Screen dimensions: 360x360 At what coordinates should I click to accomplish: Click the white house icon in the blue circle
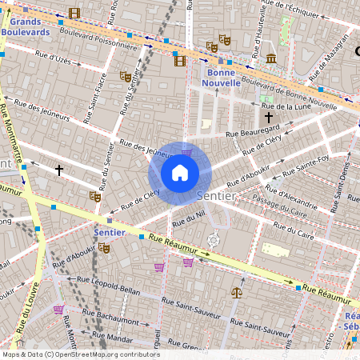[x=180, y=172]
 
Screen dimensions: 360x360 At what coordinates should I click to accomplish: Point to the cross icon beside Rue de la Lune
[x=268, y=117]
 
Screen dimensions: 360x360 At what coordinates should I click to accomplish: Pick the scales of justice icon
[x=236, y=293]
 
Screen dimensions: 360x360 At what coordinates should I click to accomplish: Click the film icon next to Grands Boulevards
[x=74, y=13]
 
